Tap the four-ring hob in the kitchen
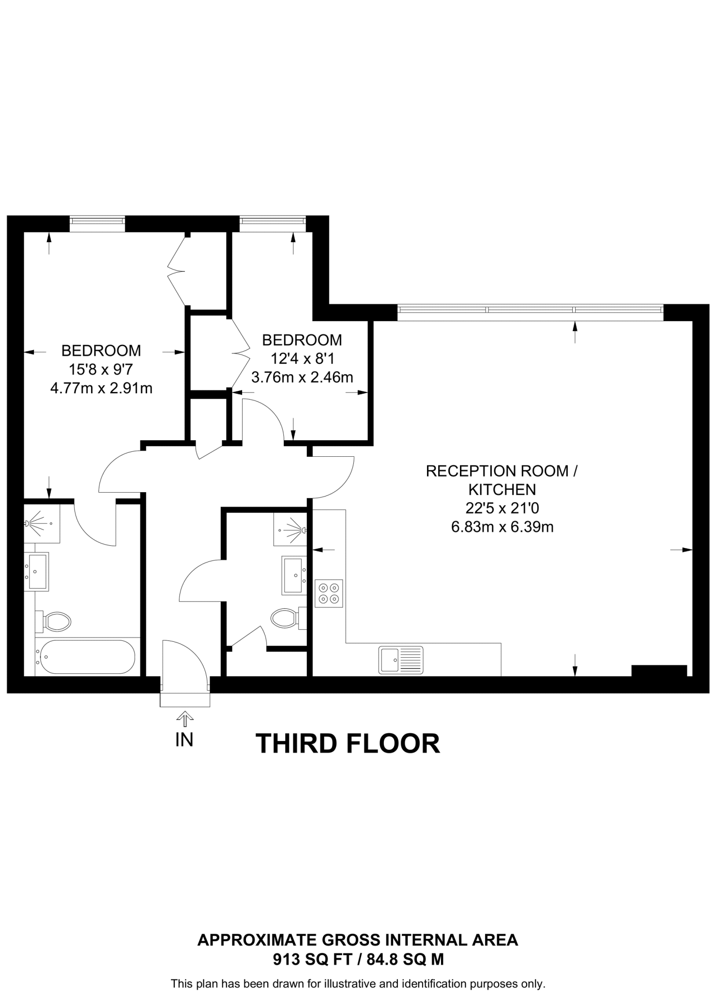[329, 593]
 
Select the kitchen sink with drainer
[401, 660]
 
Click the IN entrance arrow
[184, 719]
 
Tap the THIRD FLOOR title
[348, 744]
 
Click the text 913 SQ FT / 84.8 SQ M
[358, 959]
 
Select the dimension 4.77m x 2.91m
[101, 388]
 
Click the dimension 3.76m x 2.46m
[302, 377]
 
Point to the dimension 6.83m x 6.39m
[502, 527]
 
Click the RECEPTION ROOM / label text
[502, 471]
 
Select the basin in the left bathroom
[37, 572]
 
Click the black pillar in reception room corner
[659, 670]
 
